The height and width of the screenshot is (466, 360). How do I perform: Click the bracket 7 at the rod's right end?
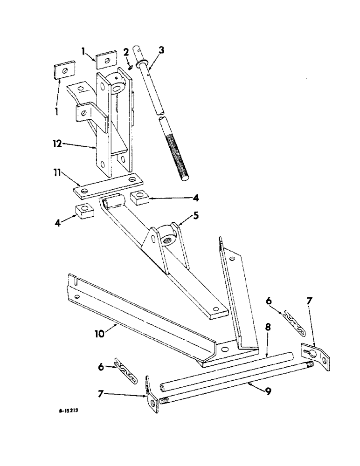coord(317,354)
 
